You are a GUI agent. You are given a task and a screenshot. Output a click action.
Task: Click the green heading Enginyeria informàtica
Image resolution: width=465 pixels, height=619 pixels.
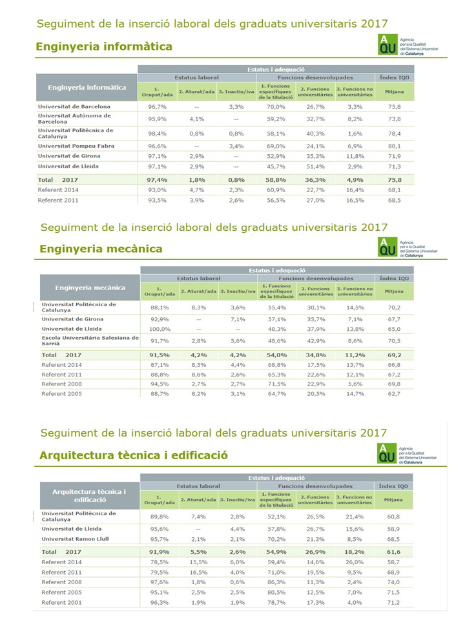[104, 46]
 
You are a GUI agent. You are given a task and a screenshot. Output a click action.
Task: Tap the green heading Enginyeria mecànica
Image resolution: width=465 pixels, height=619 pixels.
[101, 249]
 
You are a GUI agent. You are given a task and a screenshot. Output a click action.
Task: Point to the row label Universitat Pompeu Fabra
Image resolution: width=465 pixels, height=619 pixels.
[76, 146]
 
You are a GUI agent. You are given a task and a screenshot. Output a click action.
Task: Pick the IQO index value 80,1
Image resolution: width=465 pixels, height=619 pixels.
[395, 146]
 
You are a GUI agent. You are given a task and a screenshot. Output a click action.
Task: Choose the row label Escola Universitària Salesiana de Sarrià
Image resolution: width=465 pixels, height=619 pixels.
[90, 340]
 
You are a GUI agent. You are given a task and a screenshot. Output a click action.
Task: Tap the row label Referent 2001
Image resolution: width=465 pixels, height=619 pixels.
[62, 602]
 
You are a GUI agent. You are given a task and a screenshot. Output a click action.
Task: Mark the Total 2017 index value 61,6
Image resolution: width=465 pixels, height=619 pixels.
[395, 552]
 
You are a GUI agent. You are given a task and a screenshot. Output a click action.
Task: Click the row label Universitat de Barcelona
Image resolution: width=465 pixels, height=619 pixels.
[74, 106]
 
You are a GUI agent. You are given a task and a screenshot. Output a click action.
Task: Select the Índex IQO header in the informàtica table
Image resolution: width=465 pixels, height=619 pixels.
[395, 77]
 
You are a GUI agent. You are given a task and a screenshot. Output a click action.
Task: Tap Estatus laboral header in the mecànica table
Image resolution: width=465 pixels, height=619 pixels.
[198, 279]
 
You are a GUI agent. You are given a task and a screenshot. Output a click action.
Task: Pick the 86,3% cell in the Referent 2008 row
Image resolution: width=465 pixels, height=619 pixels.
[276, 582]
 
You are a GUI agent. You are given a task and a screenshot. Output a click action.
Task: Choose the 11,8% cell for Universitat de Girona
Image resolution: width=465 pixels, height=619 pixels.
[355, 157]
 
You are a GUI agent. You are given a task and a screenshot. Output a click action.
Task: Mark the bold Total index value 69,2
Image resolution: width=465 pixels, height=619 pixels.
[395, 355]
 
